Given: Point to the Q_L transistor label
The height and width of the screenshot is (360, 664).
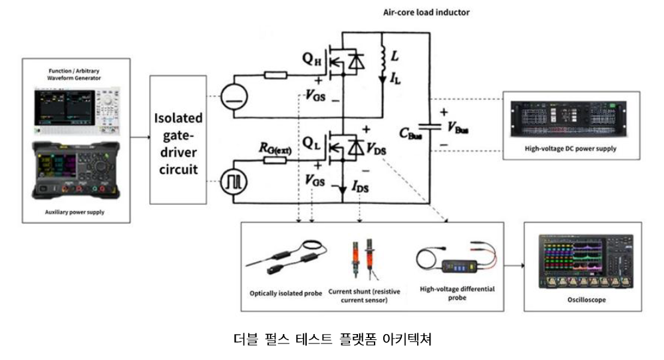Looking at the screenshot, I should (312, 143).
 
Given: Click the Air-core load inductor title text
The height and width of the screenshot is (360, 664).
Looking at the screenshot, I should (426, 12).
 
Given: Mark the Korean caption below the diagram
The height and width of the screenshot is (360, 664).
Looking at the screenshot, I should (333, 339).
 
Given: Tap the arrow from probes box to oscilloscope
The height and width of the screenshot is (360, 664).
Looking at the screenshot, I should (513, 266).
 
